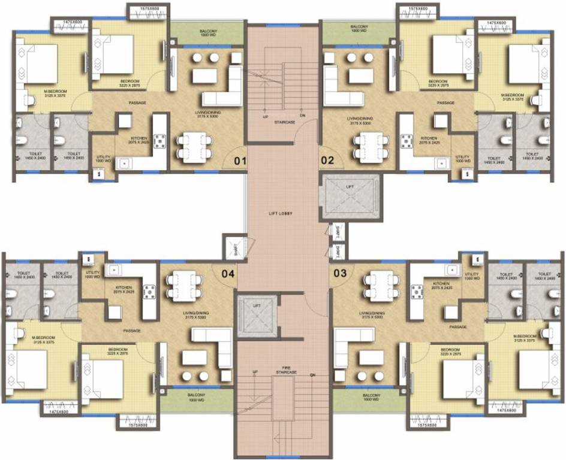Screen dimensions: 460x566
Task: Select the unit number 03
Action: [340, 274]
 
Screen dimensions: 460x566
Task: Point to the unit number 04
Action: [228, 274]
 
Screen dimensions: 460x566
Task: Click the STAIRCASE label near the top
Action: [281, 121]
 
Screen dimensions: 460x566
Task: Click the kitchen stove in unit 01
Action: [161, 141]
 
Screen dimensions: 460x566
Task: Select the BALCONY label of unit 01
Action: [207, 30]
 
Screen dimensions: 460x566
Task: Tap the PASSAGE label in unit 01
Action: [137, 103]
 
